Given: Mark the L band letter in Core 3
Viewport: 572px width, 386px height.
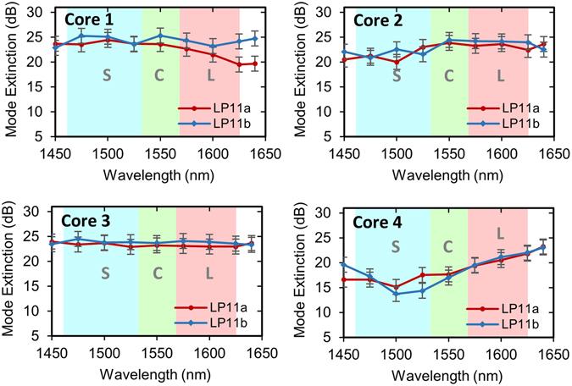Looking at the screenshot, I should click(x=208, y=273).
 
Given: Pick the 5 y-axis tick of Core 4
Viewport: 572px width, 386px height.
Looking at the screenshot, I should click(x=332, y=337).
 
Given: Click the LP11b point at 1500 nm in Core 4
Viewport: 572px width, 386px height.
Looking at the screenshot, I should click(x=395, y=293).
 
